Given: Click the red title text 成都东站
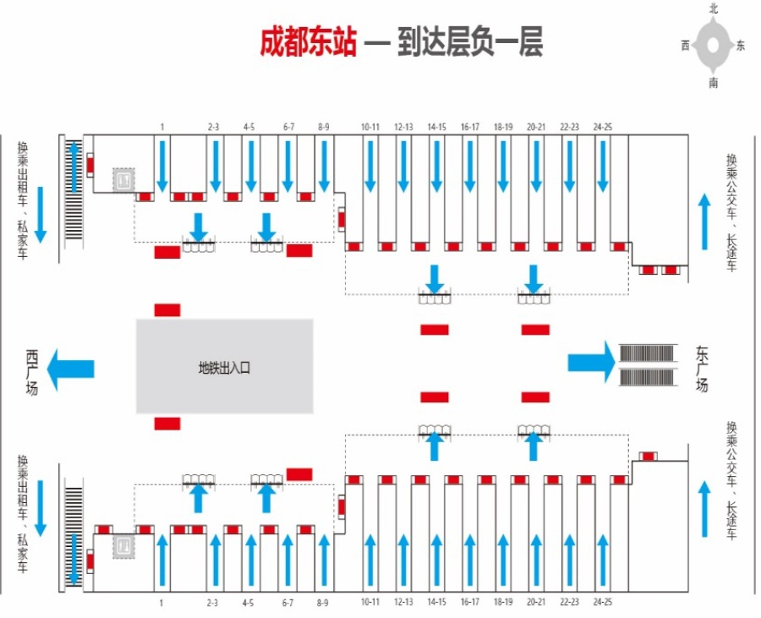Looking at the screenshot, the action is coord(308,41).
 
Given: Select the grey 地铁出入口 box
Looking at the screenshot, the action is coord(224,366).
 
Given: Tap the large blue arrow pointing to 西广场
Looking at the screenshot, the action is coord(71,369).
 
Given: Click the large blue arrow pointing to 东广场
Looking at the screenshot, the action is coord(592,362).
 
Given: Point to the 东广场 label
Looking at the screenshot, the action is coord(701,369).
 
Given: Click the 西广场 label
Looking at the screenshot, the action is coord(31,373).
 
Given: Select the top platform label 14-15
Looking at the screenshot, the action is coord(436,127).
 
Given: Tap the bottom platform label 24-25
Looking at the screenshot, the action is coord(602,601).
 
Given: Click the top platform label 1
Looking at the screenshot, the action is coord(162,127).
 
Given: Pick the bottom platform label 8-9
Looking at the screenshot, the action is coord(323,603).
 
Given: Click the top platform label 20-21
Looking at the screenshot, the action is coord(536,127).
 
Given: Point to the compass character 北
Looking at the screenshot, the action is coord(713,8).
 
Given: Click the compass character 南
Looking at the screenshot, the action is coord(713,83).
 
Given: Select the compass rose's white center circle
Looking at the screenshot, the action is coord(713,45).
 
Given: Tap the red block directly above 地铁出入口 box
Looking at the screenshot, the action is coord(167,310).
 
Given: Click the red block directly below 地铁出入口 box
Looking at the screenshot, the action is coord(167,424).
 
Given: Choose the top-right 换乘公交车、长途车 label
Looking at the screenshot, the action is coord(731,212).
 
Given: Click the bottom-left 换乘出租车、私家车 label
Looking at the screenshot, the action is coord(23,514).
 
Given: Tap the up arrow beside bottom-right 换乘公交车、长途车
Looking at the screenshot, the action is coord(704,508).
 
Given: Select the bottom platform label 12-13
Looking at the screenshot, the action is coord(403,601).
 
